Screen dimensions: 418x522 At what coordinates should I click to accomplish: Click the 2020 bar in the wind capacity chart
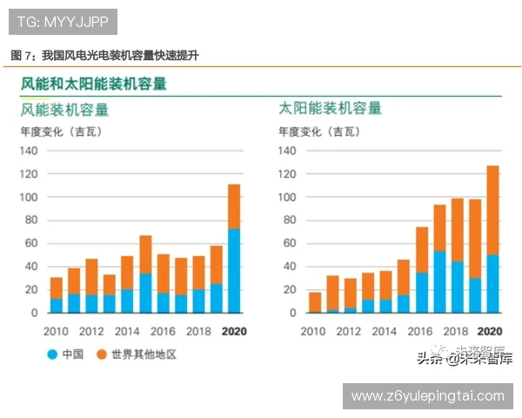[234, 248]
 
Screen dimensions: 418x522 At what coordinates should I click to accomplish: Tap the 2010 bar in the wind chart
[56, 294]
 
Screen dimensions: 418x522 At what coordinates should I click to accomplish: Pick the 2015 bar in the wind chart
[145, 273]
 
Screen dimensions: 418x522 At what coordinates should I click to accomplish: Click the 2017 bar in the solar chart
[439, 259]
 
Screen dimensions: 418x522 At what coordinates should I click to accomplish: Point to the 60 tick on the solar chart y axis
[291, 243]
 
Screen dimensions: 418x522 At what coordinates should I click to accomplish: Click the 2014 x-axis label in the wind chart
[127, 331]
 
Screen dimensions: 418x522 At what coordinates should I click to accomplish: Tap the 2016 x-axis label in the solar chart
[421, 331]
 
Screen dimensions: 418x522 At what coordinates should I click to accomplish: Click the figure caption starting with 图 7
[104, 55]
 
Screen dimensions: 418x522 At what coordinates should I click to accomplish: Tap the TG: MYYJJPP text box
[61, 19]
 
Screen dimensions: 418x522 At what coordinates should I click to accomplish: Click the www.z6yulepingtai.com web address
[427, 396]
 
